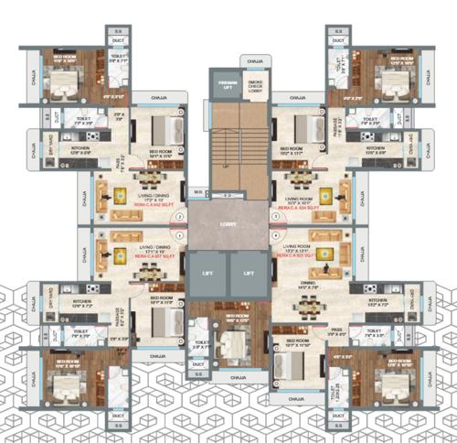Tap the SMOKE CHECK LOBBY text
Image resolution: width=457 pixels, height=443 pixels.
(x=256, y=87)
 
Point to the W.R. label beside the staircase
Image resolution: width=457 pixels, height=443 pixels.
(x=197, y=192)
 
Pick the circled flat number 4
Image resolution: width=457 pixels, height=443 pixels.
(x=274, y=235)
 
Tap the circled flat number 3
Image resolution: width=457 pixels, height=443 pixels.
(x=274, y=217)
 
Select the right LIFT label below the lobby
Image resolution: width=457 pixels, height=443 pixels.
(x=248, y=272)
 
